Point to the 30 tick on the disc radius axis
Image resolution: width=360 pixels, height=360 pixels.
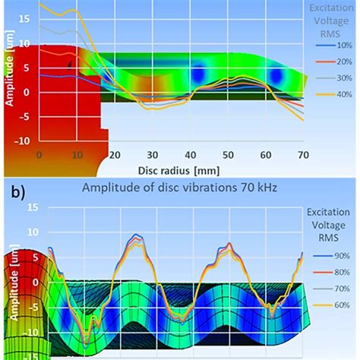click(152, 155)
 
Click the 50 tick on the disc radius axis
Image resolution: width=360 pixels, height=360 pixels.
click(227, 155)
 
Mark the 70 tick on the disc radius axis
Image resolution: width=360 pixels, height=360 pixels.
click(302, 155)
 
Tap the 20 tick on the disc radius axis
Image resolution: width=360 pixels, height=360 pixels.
click(115, 155)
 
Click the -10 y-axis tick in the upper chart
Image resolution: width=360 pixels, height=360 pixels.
click(27, 141)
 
